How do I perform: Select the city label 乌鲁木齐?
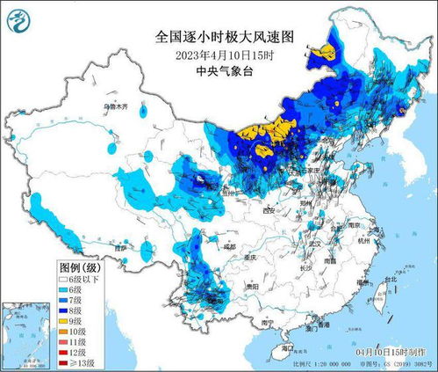point(115,106)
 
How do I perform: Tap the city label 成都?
point(230,248)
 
